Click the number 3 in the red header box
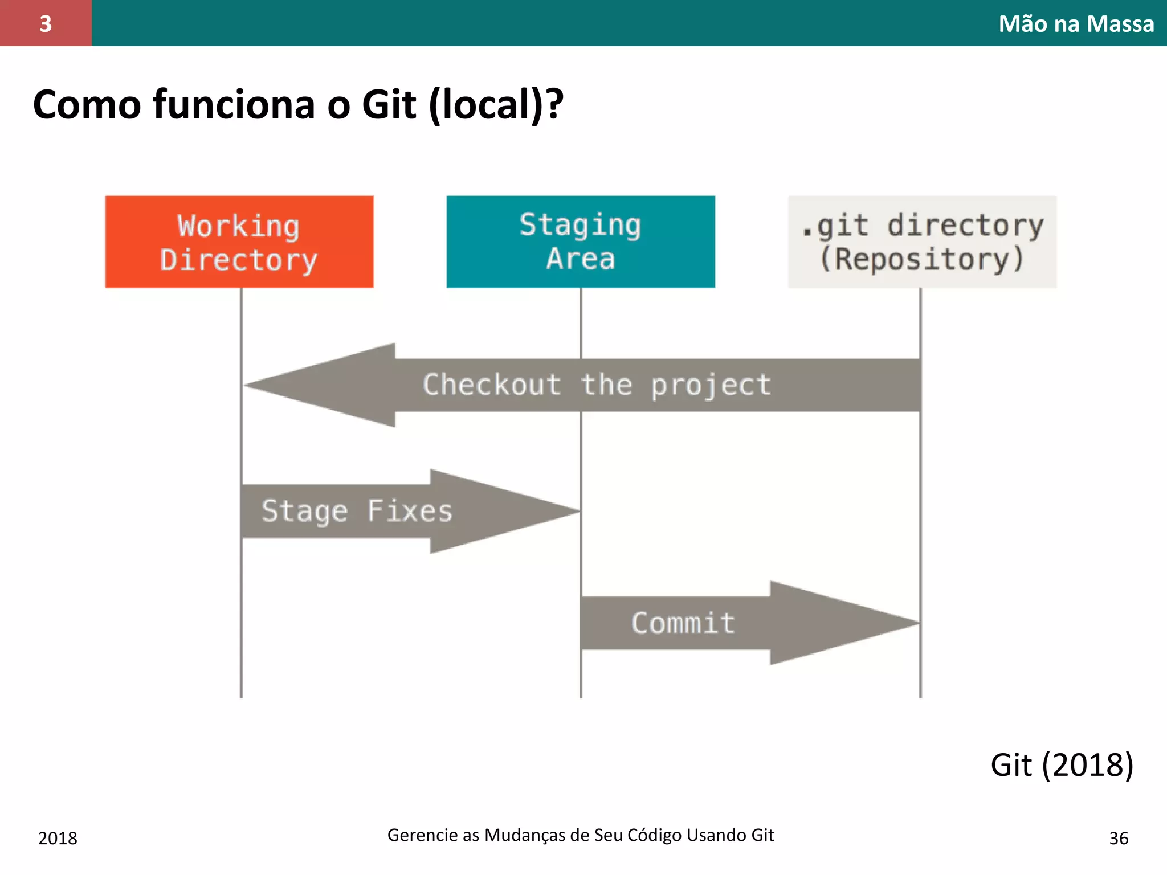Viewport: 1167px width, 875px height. coord(46,24)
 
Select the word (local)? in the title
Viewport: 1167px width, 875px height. coord(496,105)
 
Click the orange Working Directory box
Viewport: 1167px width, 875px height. coord(239,242)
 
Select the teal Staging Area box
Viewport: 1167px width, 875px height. coord(581,242)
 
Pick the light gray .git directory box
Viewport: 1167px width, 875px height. coord(922,242)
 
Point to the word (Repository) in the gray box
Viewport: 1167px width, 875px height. coord(922,259)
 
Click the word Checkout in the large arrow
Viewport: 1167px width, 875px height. coord(492,385)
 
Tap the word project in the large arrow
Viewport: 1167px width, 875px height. coord(711,385)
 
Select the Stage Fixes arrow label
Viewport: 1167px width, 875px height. coord(357,511)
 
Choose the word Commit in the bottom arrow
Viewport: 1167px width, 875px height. coord(683,623)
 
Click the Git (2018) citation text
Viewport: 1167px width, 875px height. coord(1062,765)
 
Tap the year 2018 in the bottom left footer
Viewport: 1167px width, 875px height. coord(58,839)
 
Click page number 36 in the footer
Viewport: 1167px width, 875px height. coord(1119,839)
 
